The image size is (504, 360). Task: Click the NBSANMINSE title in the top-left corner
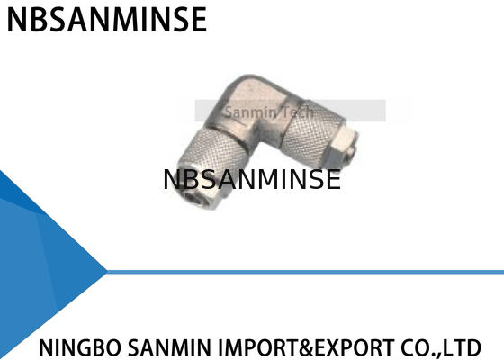(106, 19)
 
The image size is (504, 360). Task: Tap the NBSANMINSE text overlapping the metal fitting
(252, 179)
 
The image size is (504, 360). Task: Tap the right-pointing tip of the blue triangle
(105, 270)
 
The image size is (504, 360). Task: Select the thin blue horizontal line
(306, 270)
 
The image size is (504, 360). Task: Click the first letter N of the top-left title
(15, 19)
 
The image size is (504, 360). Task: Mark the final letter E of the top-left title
(197, 19)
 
